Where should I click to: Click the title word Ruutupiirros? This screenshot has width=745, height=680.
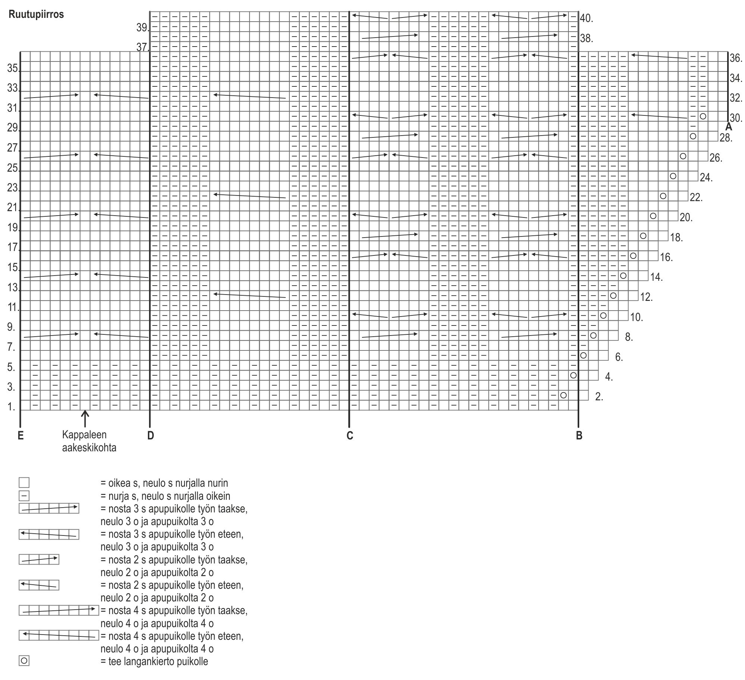(x=37, y=15)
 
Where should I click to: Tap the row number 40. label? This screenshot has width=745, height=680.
(x=586, y=18)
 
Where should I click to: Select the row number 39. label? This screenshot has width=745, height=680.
(x=142, y=28)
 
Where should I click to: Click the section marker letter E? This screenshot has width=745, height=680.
(x=20, y=435)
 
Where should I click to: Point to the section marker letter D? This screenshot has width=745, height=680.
(x=150, y=435)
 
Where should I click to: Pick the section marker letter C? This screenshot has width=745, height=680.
(x=349, y=435)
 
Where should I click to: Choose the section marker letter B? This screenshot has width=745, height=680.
(x=579, y=435)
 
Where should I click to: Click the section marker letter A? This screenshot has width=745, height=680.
(x=729, y=127)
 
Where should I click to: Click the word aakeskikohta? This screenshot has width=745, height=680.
(x=89, y=448)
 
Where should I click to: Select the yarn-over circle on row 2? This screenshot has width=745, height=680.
(x=563, y=395)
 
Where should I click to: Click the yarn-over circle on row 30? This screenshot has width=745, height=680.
(x=703, y=116)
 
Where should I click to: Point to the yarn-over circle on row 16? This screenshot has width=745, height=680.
(x=633, y=255)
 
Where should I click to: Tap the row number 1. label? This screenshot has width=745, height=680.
(x=12, y=407)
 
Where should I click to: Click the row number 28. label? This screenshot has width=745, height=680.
(x=726, y=138)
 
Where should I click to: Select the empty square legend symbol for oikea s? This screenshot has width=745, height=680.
(x=24, y=483)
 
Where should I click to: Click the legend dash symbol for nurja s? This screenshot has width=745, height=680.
(x=24, y=496)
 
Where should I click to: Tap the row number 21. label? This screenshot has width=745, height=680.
(x=13, y=207)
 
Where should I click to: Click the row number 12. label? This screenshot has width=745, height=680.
(x=647, y=297)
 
